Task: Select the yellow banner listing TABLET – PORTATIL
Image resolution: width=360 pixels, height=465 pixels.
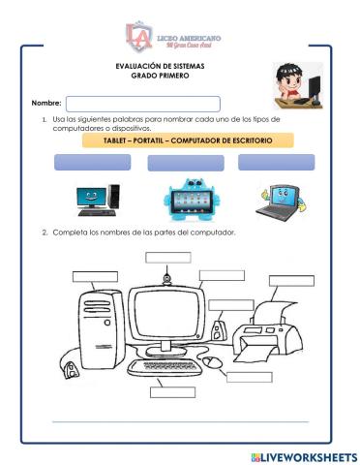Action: click(190, 140)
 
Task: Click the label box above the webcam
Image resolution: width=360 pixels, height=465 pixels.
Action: click(167, 258)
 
